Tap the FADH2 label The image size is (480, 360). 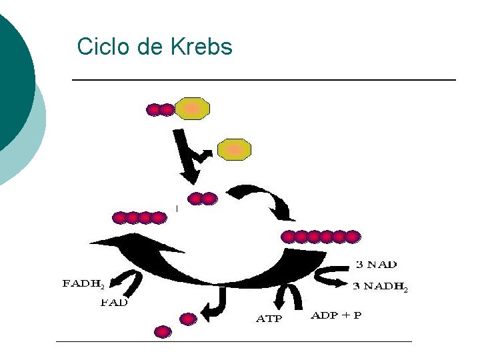click(84, 283)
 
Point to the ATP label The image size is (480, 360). click(269, 319)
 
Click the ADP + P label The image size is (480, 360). click(336, 315)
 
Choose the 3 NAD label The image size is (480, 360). click(376, 265)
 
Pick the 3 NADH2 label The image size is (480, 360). click(379, 287)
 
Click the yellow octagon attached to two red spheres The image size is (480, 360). click(192, 108)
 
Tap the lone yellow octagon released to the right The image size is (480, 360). click(234, 149)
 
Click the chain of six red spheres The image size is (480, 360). click(321, 236)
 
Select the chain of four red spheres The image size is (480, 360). click(139, 217)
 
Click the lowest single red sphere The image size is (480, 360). click(162, 331)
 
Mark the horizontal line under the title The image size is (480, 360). click(263, 80)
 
